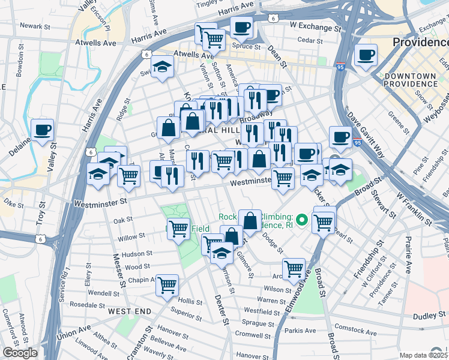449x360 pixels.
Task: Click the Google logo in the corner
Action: [x=20, y=353]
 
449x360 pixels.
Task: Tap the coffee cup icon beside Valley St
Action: [x=43, y=130]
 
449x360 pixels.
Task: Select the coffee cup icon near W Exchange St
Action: [x=241, y=28]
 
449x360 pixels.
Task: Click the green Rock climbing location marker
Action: [x=302, y=221]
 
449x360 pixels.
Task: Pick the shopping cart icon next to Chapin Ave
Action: [x=167, y=283]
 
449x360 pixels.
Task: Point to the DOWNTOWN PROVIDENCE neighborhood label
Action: [x=411, y=81]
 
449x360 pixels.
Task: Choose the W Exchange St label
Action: [x=315, y=28]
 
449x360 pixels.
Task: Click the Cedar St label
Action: [x=310, y=41]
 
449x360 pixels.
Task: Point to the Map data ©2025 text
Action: [x=423, y=355]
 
